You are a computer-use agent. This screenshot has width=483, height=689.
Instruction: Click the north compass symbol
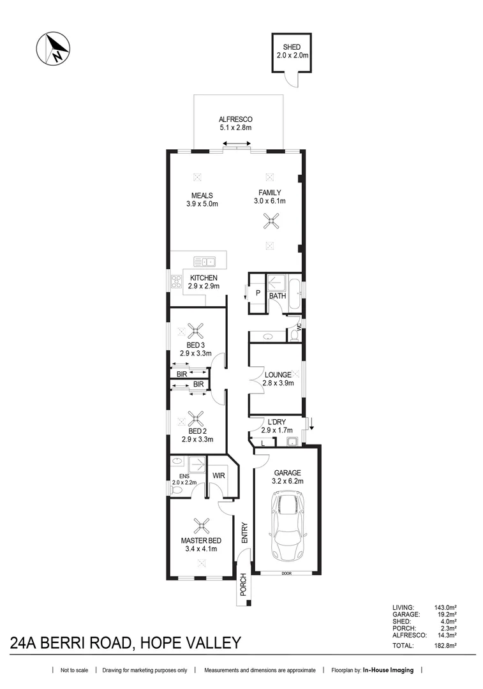53,48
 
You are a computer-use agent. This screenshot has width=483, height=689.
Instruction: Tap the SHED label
292,47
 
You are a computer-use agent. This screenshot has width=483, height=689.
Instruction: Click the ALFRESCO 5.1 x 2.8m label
235,124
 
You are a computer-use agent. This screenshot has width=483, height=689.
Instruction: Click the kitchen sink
204,262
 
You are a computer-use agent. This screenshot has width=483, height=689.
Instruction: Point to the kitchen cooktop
176,281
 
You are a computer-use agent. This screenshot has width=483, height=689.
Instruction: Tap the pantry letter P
258,293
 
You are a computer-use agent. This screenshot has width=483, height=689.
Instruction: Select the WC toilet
295,336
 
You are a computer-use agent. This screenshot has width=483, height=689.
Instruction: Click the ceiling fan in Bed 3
196,330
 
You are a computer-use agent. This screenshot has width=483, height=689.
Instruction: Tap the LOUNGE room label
278,375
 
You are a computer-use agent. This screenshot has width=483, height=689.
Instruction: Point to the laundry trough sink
292,441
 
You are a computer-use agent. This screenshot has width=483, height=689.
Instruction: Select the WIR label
218,475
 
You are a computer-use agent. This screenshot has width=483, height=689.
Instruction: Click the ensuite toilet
176,492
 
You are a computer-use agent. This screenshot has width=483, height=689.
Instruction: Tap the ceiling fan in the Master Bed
202,524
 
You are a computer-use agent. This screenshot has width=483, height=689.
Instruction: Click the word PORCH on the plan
243,585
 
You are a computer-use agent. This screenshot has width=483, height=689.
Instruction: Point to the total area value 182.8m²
445,646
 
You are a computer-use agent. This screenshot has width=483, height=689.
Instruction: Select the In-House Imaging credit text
388,670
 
